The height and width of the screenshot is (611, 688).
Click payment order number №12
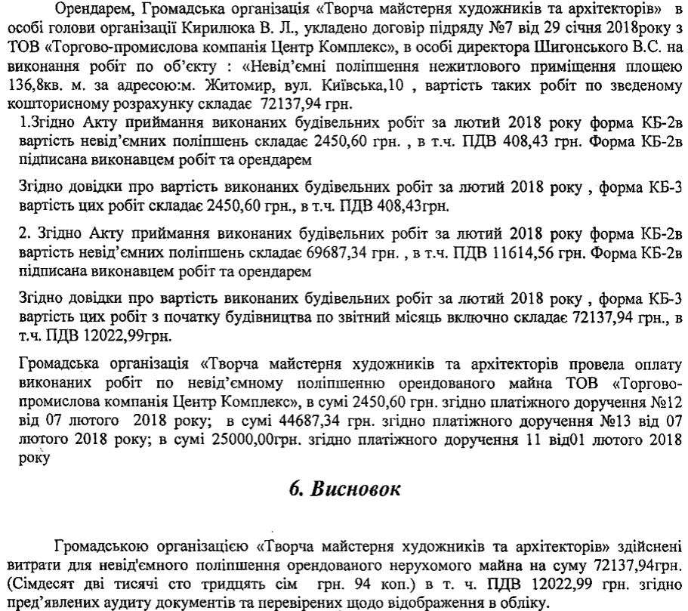click(666, 400)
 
